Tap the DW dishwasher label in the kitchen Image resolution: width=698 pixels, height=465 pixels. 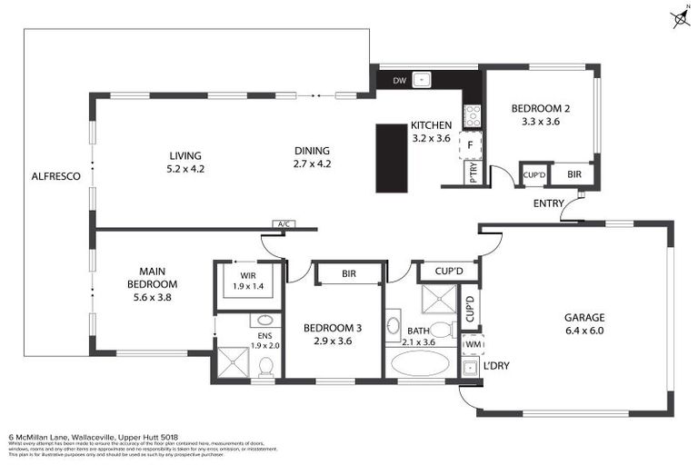point(399,81)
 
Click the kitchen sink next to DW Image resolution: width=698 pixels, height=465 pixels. point(422,80)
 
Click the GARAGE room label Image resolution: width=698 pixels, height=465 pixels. point(583,318)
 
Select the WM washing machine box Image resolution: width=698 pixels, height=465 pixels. point(473,345)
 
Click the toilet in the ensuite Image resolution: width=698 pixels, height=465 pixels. point(266,365)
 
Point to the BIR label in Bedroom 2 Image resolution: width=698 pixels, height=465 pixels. point(573,174)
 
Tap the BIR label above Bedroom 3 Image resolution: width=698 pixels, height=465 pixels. point(348,272)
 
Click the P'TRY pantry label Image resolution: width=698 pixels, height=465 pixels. point(474,173)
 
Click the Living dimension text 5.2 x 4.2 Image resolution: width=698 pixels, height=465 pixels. point(184,169)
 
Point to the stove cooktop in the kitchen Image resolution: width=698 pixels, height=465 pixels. point(472,115)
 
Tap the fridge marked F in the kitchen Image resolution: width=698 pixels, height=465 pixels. point(471,143)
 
